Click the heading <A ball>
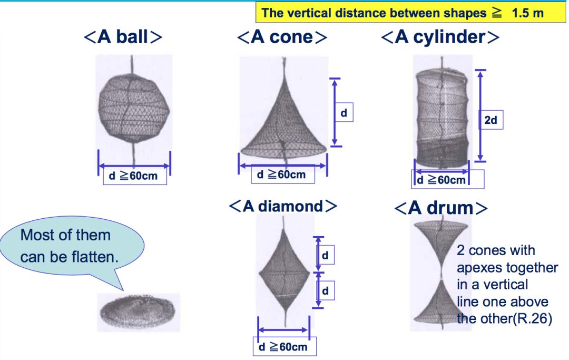pos(123,37)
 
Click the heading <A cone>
pos(282,37)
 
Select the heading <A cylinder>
pos(440,37)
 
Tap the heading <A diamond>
pos(283,206)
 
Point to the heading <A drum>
pos(440,208)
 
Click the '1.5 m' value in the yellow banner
pos(527,13)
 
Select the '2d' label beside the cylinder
pos(490,120)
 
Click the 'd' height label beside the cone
pos(344,113)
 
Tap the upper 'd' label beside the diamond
pos(325,256)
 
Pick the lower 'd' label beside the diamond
pos(325,290)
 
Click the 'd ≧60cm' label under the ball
pos(133,176)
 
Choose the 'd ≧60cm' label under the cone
pos(281,174)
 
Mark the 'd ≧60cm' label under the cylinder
pos(442,180)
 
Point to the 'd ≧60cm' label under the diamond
pos(283,347)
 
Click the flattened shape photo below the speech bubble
pos(138,312)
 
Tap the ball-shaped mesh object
pos(133,108)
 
